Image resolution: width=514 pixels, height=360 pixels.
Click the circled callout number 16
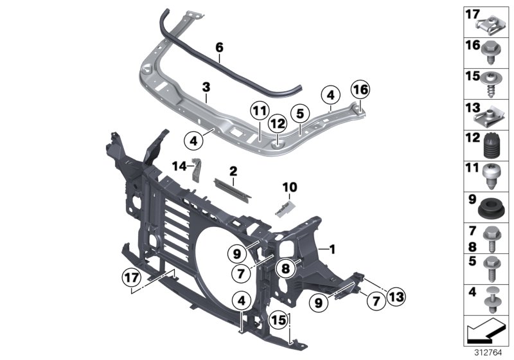360,89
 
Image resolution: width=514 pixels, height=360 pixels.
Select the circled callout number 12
278,122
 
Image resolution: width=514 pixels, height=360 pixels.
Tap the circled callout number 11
258,111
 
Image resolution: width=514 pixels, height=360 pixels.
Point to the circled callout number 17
131,278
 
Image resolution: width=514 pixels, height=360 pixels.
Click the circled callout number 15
277,319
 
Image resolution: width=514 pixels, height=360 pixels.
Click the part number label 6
218,47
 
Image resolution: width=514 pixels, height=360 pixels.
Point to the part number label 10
290,186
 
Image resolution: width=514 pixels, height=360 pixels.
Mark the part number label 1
332,248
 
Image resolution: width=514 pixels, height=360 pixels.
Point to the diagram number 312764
489,353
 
